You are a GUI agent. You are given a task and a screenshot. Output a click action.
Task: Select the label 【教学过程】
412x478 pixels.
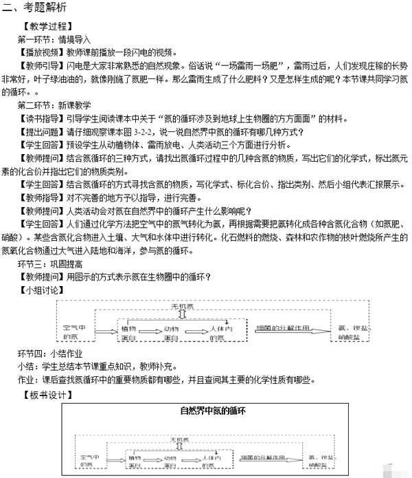pyautogui.click(x=45, y=27)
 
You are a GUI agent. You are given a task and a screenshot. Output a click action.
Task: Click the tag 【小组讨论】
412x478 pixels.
pyautogui.click(x=41, y=290)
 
